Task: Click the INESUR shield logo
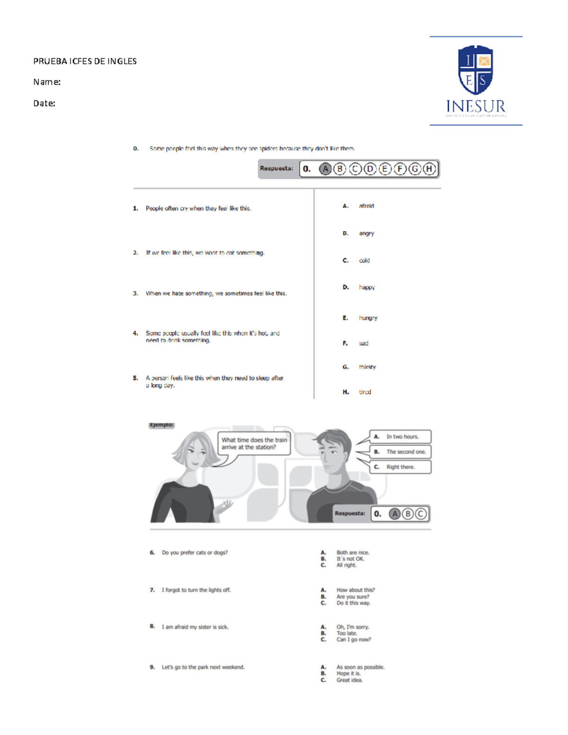point(476,70)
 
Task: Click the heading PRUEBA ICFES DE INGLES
point(85,61)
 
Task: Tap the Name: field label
point(47,82)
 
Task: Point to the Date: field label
point(44,103)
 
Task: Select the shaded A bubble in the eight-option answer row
point(325,169)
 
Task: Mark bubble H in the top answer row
point(429,169)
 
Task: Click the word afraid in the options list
point(366,206)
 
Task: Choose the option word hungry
point(368,318)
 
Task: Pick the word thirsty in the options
point(367,367)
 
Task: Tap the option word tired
point(365,392)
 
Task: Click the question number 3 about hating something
point(135,293)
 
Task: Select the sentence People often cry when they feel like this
point(198,208)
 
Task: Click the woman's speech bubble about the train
point(254,443)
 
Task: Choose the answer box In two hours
point(400,437)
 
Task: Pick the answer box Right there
point(400,467)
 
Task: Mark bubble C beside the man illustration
point(421,514)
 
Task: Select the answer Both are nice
point(353,552)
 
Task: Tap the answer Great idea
point(349,680)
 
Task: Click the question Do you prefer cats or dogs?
point(195,552)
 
